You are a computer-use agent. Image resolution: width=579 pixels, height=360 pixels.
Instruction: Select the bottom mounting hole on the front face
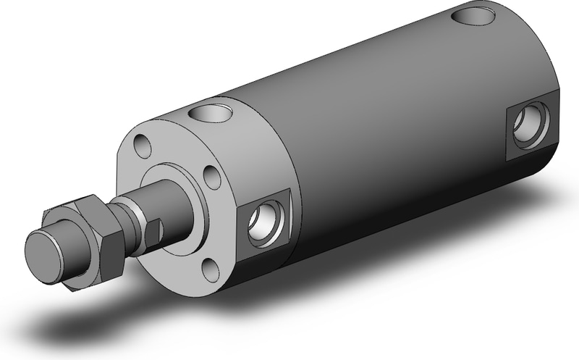click(x=210, y=269)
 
